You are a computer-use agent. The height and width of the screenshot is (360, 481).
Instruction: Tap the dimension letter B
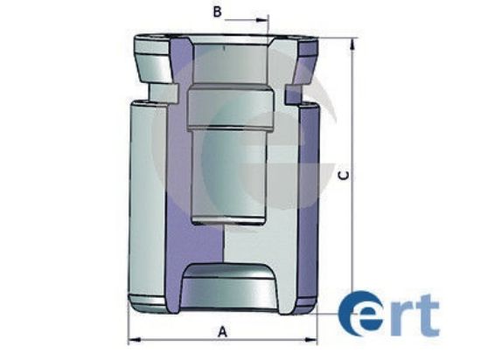coord(218,12)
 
